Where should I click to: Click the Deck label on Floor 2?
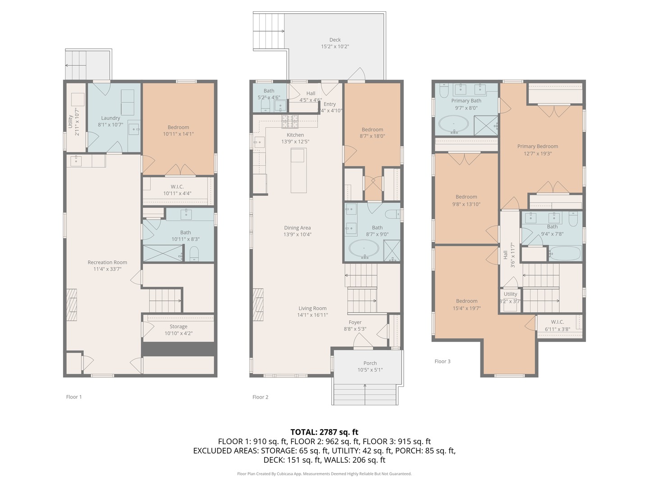click(x=335, y=40)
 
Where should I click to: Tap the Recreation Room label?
click(x=107, y=262)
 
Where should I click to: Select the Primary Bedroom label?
click(x=537, y=146)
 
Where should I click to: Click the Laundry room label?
click(x=110, y=118)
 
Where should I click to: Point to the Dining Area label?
click(x=297, y=228)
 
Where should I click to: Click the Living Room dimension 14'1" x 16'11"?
click(x=313, y=315)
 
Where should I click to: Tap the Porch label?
click(x=370, y=363)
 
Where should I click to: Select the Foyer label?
click(x=355, y=322)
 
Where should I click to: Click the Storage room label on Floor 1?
click(x=178, y=326)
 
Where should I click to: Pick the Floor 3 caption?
click(x=442, y=361)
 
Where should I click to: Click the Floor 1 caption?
click(x=74, y=397)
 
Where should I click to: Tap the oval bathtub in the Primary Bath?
click(x=453, y=124)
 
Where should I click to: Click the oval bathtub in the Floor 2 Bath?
click(x=364, y=249)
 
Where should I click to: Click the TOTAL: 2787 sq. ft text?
click(x=324, y=432)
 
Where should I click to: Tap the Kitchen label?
click(x=295, y=135)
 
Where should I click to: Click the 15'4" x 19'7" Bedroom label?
click(x=466, y=304)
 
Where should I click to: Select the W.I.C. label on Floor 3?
click(x=557, y=322)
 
